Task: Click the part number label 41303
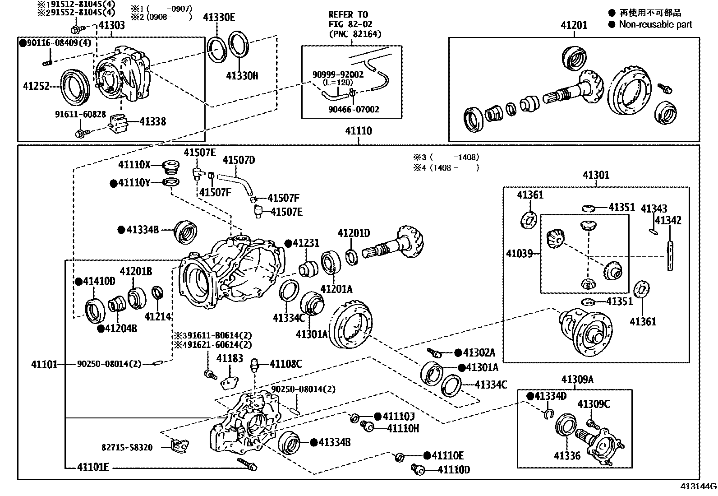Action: pos(111,25)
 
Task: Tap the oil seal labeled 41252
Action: pos(75,87)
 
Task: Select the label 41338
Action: pos(153,121)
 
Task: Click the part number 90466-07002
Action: pos(354,109)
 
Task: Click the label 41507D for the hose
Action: pos(239,160)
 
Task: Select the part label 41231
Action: pos(306,243)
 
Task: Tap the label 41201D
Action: pos(354,233)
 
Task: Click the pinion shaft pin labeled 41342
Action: pos(670,256)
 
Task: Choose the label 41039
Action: pos(519,254)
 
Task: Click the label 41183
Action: pos(230,358)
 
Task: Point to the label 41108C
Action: pos(285,364)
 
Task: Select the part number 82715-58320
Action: pos(127,448)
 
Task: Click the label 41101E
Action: pos(93,467)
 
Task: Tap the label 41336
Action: pos(567,455)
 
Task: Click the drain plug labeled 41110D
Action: pos(418,469)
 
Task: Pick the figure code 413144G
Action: pos(699,487)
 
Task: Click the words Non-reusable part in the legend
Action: pos(655,24)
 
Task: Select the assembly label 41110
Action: pos(359,131)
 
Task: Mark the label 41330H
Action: pos(242,76)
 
